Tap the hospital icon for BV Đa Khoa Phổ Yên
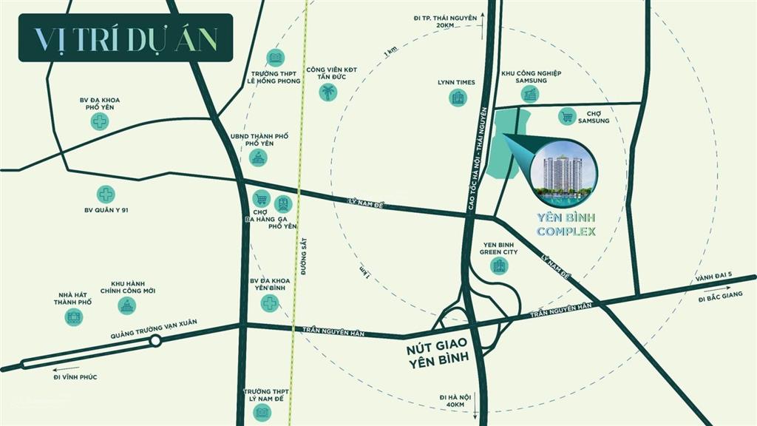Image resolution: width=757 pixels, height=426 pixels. (100, 121)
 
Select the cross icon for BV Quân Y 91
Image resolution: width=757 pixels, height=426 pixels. (106, 194)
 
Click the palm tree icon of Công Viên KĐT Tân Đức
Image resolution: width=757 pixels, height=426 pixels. (327, 92)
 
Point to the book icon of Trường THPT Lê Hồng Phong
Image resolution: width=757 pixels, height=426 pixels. (275, 58)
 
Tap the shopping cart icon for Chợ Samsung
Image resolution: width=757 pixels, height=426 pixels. (567, 115)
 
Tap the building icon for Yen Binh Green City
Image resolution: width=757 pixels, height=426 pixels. (500, 265)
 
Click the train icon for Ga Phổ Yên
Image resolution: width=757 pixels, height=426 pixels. (282, 203)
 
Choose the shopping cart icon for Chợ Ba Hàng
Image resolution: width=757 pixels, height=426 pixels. (260, 198)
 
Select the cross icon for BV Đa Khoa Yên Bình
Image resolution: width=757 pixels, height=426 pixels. (271, 302)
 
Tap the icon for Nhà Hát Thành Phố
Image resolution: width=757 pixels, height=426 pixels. (73, 317)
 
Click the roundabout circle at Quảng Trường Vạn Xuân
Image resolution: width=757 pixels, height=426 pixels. (155, 341)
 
